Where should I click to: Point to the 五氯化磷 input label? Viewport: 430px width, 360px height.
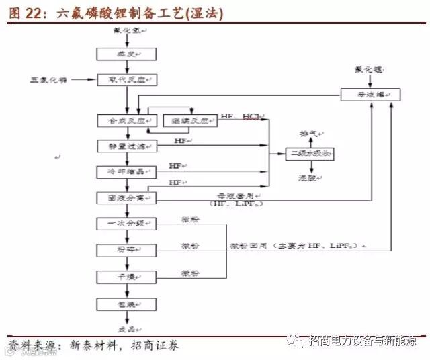point(47,80)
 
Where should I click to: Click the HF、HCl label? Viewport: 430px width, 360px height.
point(241,117)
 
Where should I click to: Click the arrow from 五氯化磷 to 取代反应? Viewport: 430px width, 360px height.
point(83,80)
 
